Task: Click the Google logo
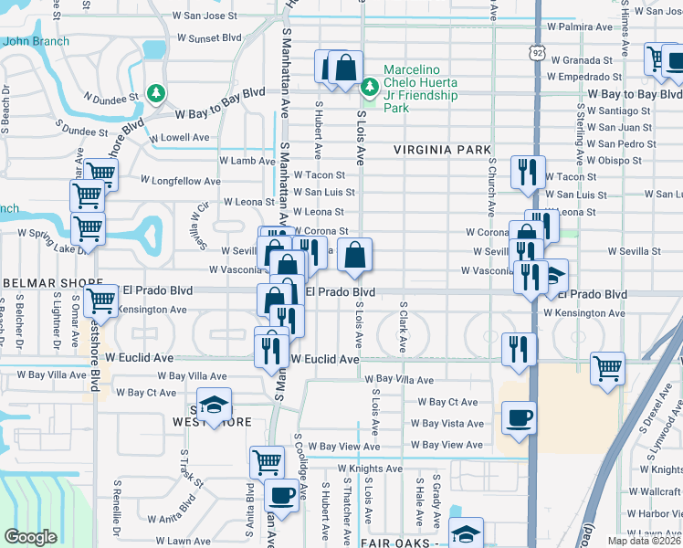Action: (30, 537)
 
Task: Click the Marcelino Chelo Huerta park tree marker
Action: (370, 88)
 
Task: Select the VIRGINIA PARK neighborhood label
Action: (443, 149)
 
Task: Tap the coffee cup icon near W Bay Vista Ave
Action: (519, 418)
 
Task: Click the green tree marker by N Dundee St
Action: (156, 93)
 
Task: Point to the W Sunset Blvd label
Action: (209, 38)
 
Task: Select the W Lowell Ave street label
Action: (181, 137)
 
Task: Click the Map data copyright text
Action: (644, 541)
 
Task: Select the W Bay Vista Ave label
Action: (447, 424)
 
